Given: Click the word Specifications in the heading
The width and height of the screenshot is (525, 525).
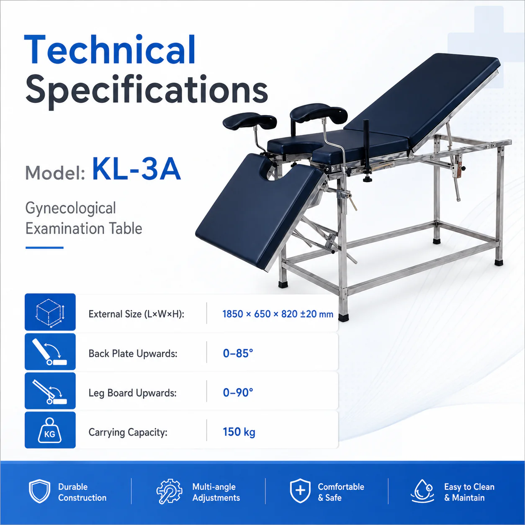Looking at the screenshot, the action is pyautogui.click(x=147, y=90).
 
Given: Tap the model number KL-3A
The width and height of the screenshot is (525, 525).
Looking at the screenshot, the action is pyautogui.click(x=136, y=169).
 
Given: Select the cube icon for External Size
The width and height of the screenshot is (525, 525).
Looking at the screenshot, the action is pyautogui.click(x=50, y=312).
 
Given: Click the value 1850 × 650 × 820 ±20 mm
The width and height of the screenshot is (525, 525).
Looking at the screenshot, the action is pyautogui.click(x=278, y=314).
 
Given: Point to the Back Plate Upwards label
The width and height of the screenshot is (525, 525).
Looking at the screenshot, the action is pyautogui.click(x=133, y=354).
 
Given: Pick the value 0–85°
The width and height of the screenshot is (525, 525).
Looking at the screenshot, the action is pyautogui.click(x=238, y=353).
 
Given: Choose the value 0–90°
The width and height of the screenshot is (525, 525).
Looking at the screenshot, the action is pyautogui.click(x=238, y=393).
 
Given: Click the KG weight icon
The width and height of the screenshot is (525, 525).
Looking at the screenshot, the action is pyautogui.click(x=49, y=430).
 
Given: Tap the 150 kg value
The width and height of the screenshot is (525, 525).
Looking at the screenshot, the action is pyautogui.click(x=239, y=432).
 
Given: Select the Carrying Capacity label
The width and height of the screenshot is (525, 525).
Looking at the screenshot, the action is pyautogui.click(x=128, y=432).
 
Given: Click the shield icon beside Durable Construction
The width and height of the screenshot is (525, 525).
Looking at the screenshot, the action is pyautogui.click(x=39, y=491).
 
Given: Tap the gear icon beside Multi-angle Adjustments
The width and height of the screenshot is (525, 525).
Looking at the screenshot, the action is pyautogui.click(x=169, y=491).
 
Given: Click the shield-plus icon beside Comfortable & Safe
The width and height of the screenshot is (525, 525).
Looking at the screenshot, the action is pyautogui.click(x=300, y=491).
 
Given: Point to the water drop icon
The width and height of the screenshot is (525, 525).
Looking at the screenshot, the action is pyautogui.click(x=422, y=491).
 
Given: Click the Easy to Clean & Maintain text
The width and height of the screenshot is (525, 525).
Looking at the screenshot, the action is pyautogui.click(x=469, y=492).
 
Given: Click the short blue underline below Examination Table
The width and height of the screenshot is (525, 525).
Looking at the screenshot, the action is pyautogui.click(x=44, y=248).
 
